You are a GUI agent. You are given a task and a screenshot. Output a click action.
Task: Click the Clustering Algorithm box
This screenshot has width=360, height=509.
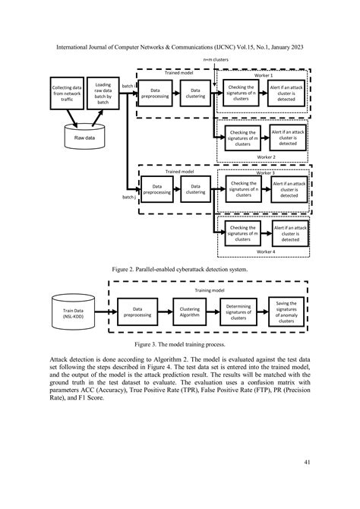tap(190, 310)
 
